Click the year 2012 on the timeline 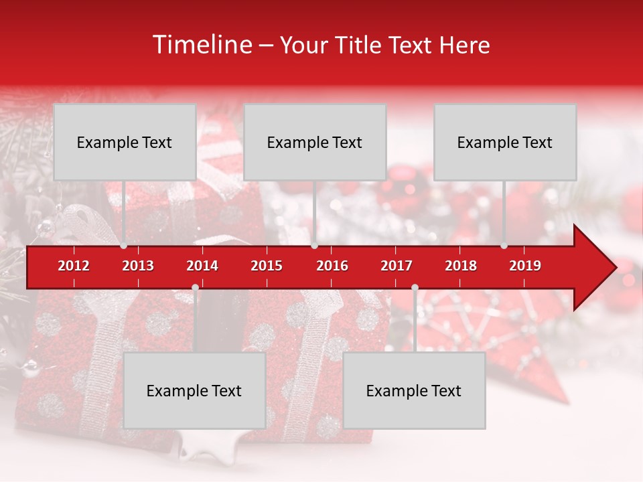(x=74, y=266)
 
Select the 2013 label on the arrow (x=138, y=266)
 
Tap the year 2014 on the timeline (x=202, y=266)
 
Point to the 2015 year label (x=267, y=266)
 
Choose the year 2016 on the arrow (x=332, y=266)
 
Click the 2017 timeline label (x=397, y=266)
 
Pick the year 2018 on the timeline (x=461, y=266)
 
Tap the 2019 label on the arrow (x=525, y=266)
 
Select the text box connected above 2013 (x=125, y=142)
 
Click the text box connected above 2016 (x=315, y=142)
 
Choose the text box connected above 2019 (x=505, y=142)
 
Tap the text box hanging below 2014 (x=194, y=390)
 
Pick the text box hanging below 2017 (x=414, y=390)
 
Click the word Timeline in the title (x=202, y=45)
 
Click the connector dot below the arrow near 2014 (x=195, y=287)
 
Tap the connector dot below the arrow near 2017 (x=415, y=287)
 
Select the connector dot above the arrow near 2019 (x=504, y=246)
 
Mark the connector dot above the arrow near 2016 (x=314, y=246)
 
